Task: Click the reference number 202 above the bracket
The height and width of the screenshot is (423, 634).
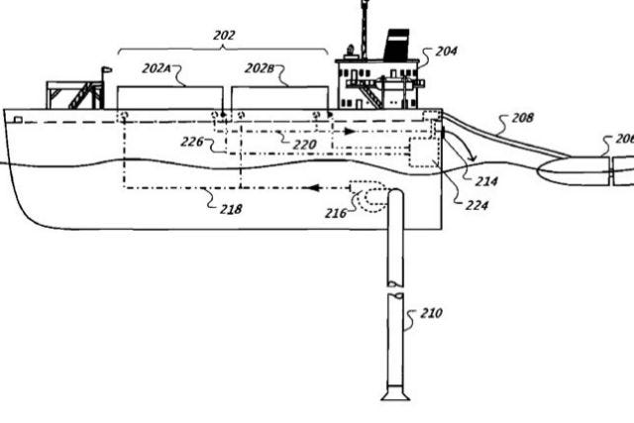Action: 224,36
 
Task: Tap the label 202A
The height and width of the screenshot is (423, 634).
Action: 156,68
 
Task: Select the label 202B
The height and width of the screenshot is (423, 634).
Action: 260,68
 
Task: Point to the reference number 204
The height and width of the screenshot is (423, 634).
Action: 447,52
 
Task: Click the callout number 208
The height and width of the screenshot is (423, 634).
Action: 523,118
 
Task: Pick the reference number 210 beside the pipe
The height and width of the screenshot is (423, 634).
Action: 432,313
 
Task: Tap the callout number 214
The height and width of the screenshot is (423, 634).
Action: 486,181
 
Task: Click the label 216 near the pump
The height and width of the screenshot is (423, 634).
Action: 336,213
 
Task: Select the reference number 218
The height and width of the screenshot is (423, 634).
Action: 231,209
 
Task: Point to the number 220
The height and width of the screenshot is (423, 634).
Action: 304,145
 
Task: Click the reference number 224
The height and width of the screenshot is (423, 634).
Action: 476,205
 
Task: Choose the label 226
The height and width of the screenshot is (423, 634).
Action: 191,142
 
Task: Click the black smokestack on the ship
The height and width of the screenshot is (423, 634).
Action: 396,45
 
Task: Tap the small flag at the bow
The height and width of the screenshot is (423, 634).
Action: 106,70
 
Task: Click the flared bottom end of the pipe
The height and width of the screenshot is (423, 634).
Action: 395,393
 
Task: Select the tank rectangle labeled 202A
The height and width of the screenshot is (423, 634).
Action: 169,98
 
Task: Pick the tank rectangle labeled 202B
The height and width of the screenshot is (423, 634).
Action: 279,98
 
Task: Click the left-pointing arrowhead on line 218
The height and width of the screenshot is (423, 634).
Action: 315,187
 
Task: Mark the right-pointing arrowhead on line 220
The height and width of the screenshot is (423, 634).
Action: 350,132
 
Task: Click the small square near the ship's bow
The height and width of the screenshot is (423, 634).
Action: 18,119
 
